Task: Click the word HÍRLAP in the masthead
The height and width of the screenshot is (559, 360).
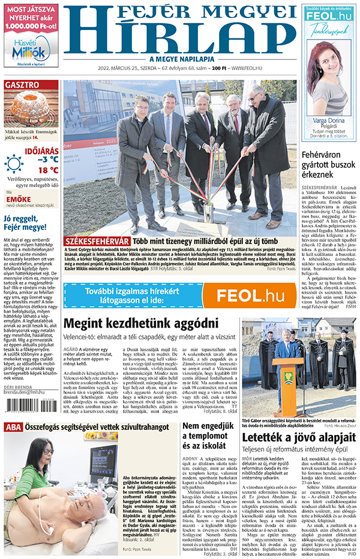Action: pos(180,37)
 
